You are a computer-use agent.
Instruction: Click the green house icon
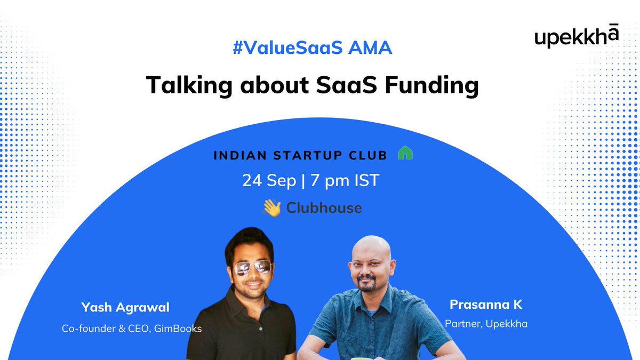[x=405, y=154]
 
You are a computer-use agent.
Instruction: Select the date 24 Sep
[x=269, y=180]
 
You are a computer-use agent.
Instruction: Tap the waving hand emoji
[x=271, y=207]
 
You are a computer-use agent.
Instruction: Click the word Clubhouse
[x=324, y=207]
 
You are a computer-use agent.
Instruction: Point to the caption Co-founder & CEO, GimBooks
[x=132, y=329]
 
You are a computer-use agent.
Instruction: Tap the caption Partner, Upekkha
[x=486, y=324]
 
